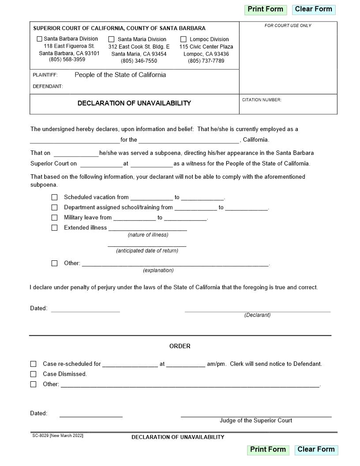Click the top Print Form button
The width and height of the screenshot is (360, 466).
tap(265, 9)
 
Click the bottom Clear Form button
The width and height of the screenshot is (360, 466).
tap(316, 450)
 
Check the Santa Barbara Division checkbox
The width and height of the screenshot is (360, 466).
tap(39, 39)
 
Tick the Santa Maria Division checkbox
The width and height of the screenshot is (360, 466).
tap(111, 39)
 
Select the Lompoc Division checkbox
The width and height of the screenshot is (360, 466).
tap(184, 39)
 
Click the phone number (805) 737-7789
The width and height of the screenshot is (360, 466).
tap(206, 61)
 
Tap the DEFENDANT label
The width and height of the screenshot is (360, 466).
tap(48, 86)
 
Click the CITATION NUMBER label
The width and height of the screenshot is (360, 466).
tap(262, 100)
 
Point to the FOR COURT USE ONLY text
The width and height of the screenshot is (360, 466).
tap(288, 26)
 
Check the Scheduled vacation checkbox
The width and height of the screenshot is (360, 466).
tap(55, 197)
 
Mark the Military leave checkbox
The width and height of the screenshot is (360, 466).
tap(55, 218)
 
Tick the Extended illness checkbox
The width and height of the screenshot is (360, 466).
tap(55, 228)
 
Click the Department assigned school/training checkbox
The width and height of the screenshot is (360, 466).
tap(55, 207)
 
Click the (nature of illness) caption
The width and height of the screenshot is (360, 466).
tap(148, 235)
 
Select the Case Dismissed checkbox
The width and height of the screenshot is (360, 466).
tap(34, 374)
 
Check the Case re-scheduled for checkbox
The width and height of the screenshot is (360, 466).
tap(34, 364)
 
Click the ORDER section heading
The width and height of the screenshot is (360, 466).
tap(180, 346)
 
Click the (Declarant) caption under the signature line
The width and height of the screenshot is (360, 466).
tap(257, 315)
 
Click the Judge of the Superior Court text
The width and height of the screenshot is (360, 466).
tap(256, 421)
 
